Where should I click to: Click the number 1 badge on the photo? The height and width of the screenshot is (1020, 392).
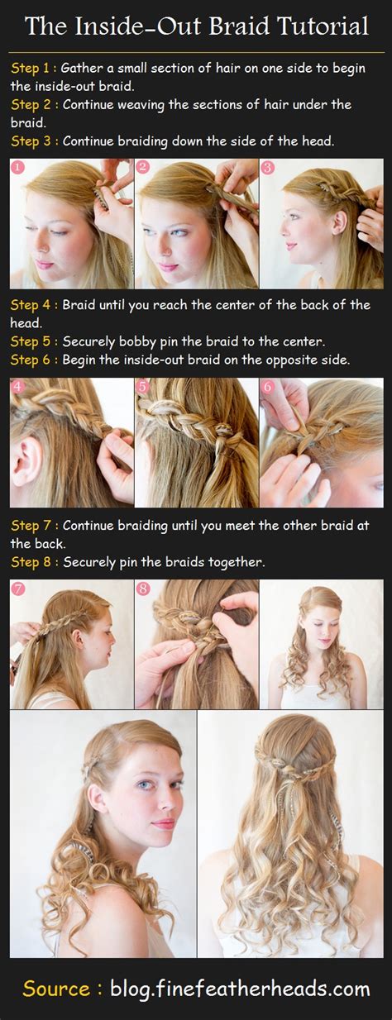(x=18, y=168)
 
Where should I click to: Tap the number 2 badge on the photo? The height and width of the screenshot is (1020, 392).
(x=143, y=168)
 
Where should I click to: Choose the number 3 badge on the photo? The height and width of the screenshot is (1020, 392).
(x=267, y=168)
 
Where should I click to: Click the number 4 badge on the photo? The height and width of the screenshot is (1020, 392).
(x=18, y=387)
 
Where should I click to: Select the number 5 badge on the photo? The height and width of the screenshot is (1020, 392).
(x=143, y=387)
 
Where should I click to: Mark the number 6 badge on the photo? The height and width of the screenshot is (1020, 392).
(x=267, y=387)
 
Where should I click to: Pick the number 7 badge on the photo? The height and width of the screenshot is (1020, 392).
(x=18, y=589)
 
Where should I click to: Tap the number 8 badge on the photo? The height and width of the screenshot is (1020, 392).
(x=143, y=589)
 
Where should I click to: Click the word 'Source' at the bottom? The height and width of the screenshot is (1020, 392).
(x=55, y=989)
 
